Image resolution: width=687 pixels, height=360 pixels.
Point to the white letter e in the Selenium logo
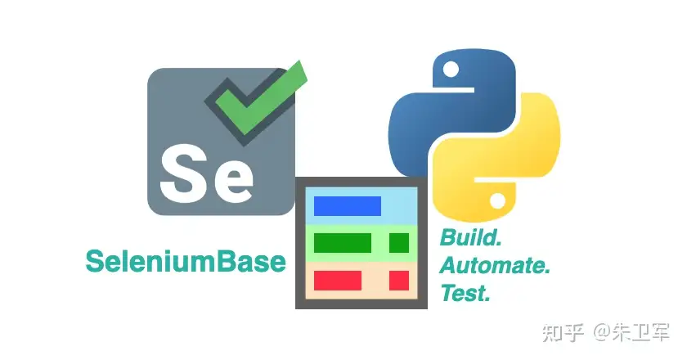click(229, 181)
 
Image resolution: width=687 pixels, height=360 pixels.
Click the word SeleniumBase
click(186, 261)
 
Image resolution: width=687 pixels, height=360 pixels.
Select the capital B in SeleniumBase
click(230, 261)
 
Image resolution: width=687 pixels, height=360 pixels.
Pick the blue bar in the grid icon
click(348, 206)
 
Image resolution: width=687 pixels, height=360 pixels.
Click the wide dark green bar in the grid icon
click(343, 243)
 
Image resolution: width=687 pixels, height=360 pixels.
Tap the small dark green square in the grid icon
click(398, 243)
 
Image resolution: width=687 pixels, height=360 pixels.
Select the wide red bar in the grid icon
click(338, 280)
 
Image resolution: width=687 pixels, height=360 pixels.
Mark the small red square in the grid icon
click(398, 280)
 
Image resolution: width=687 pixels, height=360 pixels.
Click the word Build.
click(471, 238)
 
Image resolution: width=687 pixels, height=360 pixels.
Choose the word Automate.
click(495, 265)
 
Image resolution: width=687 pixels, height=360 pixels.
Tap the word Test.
click(465, 292)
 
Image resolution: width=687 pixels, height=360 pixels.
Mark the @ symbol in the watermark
click(603, 332)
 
